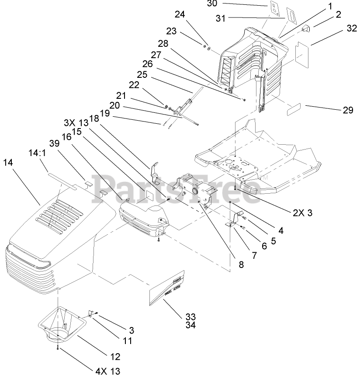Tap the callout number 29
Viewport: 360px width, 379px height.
348,110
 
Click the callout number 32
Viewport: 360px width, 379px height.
352,29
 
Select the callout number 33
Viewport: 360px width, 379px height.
190,316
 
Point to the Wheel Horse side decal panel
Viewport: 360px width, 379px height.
168,289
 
